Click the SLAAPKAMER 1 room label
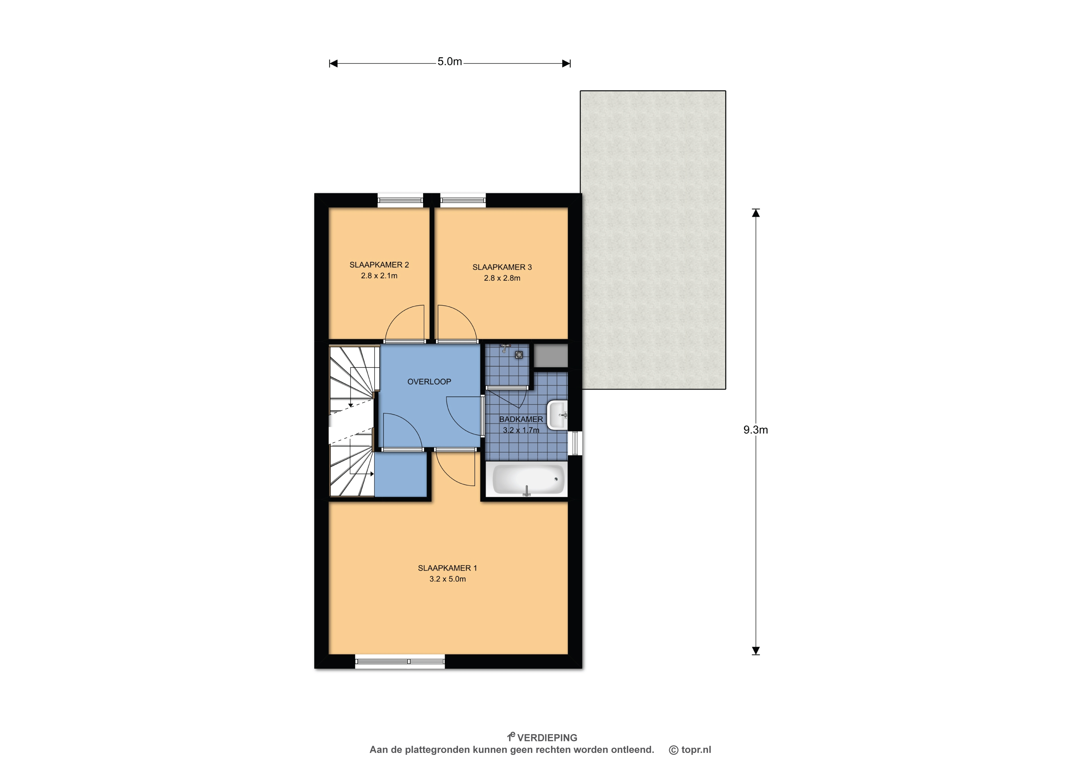(447, 568)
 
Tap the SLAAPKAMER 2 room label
(379, 265)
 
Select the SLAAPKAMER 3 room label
(502, 267)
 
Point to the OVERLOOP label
(429, 382)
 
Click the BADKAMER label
(521, 419)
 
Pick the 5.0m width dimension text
(450, 61)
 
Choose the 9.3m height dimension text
(756, 430)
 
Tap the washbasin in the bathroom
(558, 415)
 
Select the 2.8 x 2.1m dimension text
(379, 276)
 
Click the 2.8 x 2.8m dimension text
(502, 278)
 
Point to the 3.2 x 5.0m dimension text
(447, 579)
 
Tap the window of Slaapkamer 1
(400, 661)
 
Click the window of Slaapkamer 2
(400, 201)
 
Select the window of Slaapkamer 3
(463, 201)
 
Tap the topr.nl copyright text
(690, 749)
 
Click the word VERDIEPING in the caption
(547, 738)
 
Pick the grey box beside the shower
(551, 355)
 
